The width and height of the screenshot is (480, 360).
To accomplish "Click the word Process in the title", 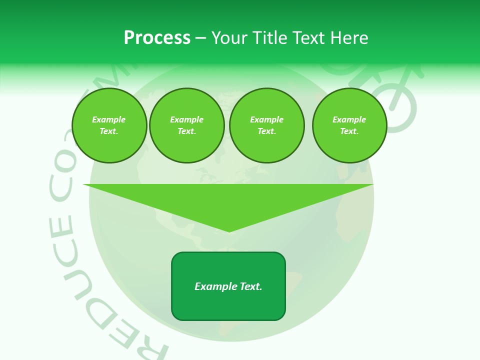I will [157, 38].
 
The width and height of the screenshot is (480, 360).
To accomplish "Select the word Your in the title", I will [229, 38].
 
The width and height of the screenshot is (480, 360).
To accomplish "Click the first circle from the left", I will [109, 125].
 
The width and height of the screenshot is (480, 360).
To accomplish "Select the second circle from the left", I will [186, 125].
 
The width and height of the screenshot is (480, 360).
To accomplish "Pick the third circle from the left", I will [266, 125].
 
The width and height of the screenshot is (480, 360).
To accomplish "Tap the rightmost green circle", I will [349, 125].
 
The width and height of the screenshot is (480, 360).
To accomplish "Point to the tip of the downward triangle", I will [229, 230].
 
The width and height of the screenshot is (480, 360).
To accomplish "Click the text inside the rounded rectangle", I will [228, 286].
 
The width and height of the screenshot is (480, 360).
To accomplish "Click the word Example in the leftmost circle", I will [109, 119].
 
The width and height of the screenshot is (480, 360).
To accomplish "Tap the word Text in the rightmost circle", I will [348, 131].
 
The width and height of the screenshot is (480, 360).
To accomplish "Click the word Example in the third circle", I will [266, 119].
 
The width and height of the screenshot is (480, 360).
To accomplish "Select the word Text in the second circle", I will [185, 131].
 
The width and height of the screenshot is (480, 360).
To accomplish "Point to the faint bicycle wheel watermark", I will [397, 107].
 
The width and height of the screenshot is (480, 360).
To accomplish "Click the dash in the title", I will [200, 38].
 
